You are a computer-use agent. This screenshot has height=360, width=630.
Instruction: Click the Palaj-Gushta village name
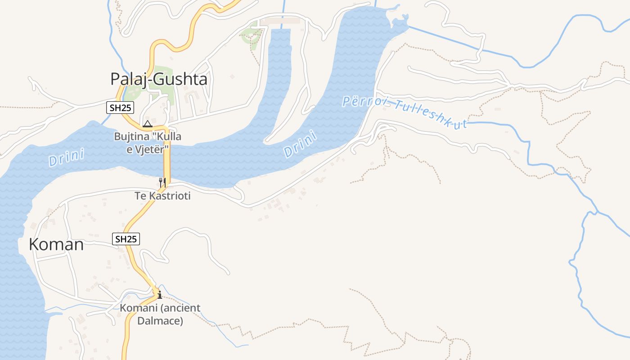pos(159,79)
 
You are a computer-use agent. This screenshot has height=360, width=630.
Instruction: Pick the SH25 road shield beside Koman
pos(126,239)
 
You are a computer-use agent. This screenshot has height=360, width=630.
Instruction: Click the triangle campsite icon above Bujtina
pos(147,124)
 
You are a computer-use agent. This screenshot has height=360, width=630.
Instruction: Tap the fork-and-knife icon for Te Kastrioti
pos(162,183)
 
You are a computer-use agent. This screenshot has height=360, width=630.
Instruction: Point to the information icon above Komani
pos(159,295)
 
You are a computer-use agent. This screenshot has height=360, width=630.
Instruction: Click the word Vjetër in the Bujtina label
pos(154,149)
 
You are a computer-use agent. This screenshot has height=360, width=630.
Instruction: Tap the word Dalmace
pos(160,321)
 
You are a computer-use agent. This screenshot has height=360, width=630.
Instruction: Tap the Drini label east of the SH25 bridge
pos(301,144)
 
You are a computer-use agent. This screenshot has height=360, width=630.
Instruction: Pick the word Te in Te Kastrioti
pos(140,196)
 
